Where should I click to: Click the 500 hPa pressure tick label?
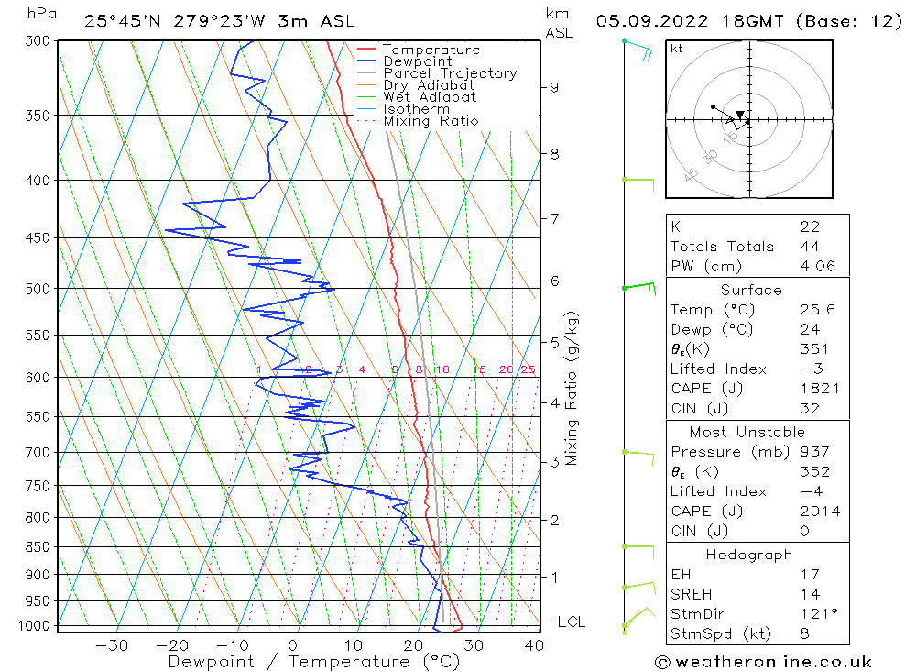(x=38, y=289)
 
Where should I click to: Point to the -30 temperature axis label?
(x=111, y=645)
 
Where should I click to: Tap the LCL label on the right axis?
(x=571, y=622)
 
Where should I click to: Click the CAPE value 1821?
(x=820, y=389)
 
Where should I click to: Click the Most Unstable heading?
(x=747, y=432)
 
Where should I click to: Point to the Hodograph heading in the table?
(x=749, y=555)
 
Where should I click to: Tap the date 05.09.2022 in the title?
(x=652, y=21)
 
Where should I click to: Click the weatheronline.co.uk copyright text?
(x=764, y=662)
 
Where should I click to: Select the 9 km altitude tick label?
(x=554, y=87)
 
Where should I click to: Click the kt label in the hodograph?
(x=677, y=49)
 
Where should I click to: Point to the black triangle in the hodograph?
(x=740, y=115)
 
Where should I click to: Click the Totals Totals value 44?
(x=811, y=247)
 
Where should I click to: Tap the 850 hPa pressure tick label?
(x=38, y=546)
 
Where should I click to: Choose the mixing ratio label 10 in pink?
(x=442, y=369)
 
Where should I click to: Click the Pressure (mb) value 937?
(x=815, y=452)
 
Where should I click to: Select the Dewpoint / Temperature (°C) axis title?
(x=314, y=662)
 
